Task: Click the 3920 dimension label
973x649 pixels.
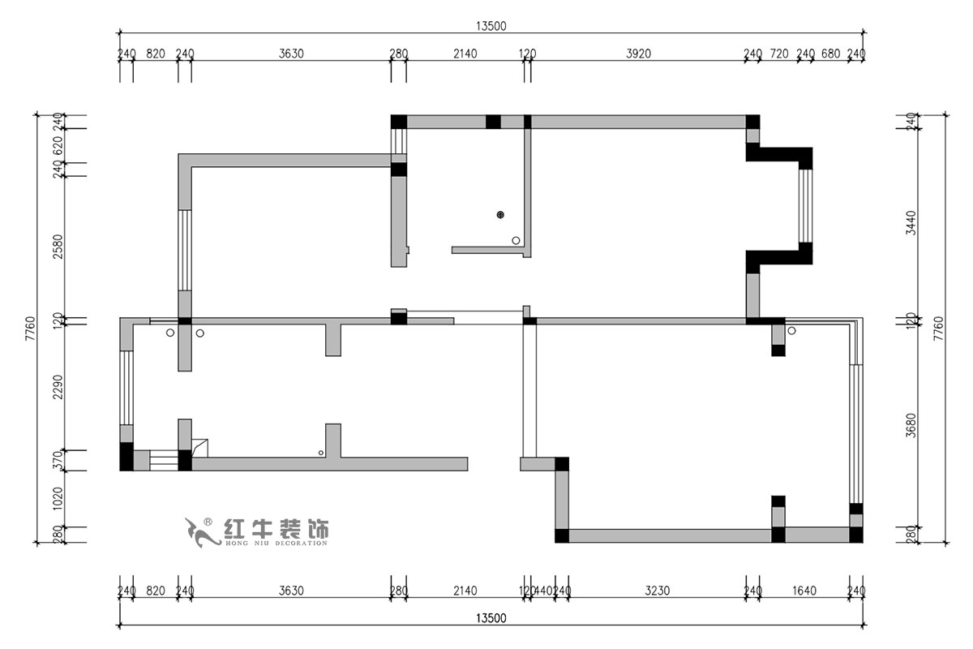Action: tap(639, 54)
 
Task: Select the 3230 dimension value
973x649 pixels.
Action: tap(658, 591)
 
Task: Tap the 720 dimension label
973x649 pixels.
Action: tap(778, 54)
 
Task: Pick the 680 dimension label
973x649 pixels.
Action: tap(830, 54)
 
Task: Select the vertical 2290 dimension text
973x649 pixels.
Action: tap(58, 392)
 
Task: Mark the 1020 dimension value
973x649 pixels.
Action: tap(58, 496)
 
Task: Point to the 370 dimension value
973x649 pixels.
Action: tap(58, 460)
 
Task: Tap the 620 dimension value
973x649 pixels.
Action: tap(58, 146)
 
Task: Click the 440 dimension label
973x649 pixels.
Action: tap(543, 591)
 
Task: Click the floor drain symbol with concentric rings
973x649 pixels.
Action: tap(501, 215)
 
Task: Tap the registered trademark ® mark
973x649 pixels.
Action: tap(208, 522)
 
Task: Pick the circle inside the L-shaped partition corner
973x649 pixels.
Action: tap(516, 240)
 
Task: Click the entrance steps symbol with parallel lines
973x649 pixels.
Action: tap(163, 462)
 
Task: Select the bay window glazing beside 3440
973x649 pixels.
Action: tap(805, 206)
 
